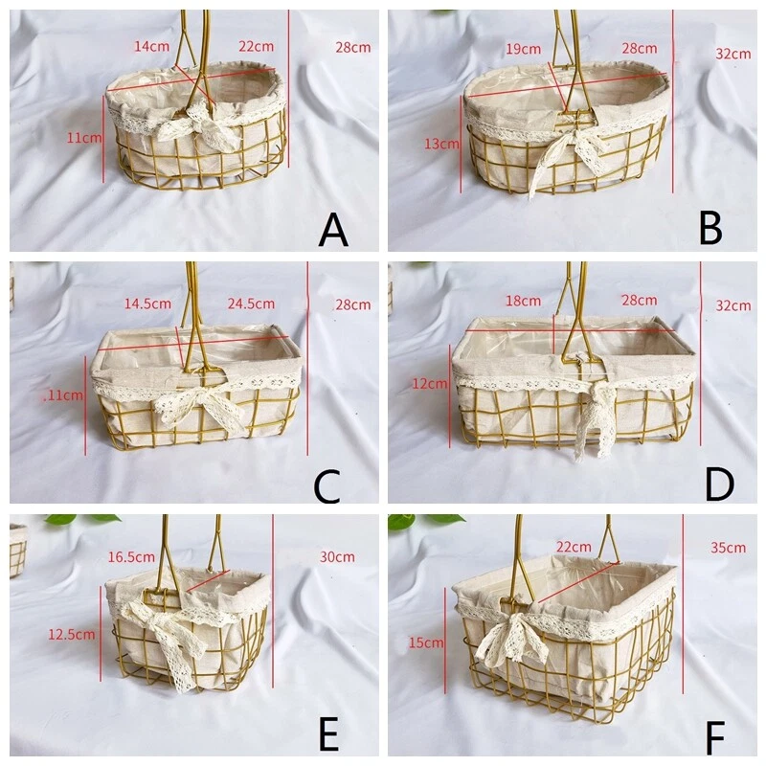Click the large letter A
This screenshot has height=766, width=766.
tap(333, 230)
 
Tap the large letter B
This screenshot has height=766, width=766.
tap(710, 230)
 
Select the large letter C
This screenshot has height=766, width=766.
tap(327, 485)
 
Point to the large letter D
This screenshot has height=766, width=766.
tap(719, 485)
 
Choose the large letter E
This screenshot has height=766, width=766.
tap(328, 737)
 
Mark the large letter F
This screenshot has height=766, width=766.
tap(714, 739)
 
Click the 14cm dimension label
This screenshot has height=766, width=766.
tap(149, 46)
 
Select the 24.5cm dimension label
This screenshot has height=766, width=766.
tap(251, 304)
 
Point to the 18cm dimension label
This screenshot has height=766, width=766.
tap(524, 301)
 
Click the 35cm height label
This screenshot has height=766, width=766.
tap(728, 548)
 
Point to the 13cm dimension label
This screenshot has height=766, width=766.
tap(440, 144)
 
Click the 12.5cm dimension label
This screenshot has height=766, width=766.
tap(72, 634)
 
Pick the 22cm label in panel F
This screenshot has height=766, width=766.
tap(574, 546)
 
